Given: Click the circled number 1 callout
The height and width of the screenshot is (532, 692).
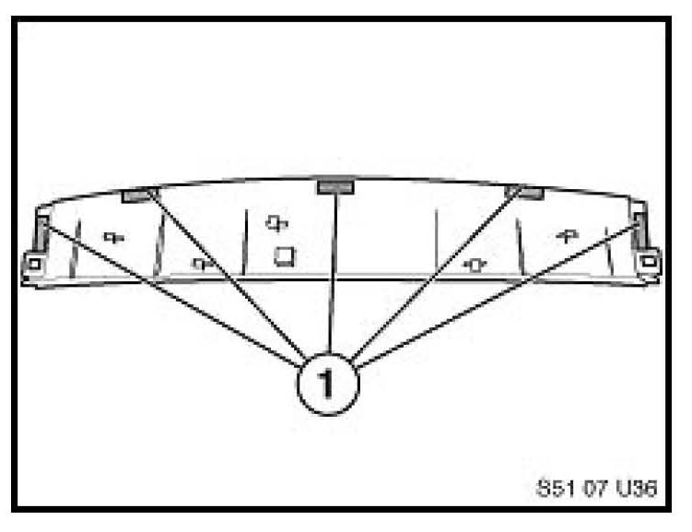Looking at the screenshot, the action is (x=328, y=384).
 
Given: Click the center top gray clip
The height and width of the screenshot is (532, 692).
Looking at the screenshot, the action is (x=336, y=187).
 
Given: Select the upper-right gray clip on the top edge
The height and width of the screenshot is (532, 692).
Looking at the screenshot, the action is (x=524, y=193).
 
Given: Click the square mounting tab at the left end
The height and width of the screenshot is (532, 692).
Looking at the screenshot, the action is (x=33, y=264).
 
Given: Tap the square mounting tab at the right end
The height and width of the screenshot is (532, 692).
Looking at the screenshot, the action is (x=650, y=262).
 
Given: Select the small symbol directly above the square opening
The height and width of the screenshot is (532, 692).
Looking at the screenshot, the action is (x=276, y=222).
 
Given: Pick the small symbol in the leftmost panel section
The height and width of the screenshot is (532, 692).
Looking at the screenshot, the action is (x=114, y=237).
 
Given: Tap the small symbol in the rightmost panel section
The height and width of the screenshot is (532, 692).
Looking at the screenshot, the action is (x=566, y=236).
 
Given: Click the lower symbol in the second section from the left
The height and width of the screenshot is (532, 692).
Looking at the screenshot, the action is (x=202, y=264).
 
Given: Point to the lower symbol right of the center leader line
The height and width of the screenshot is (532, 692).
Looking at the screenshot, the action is (x=475, y=266).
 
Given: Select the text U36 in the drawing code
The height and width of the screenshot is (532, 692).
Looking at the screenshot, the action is (x=638, y=489).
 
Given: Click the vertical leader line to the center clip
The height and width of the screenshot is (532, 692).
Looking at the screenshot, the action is (x=333, y=277).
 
